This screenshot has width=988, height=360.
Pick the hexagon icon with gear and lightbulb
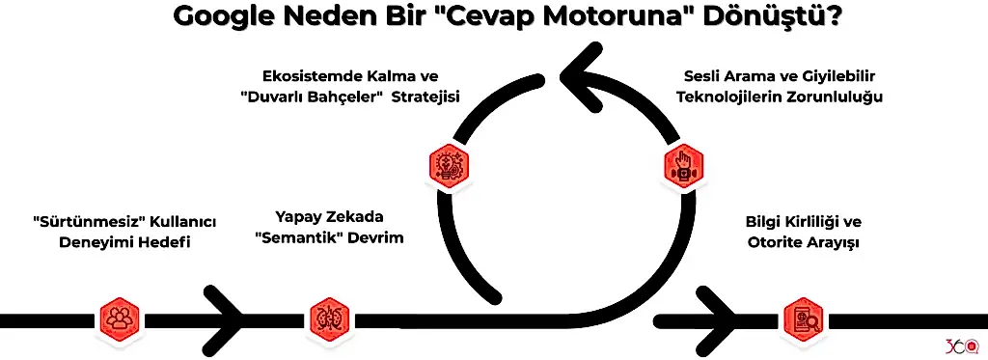click(x=448, y=163)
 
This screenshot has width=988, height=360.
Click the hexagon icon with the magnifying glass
click(x=802, y=318)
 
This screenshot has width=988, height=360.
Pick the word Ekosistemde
click(x=307, y=77)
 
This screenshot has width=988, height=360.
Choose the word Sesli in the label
click(x=702, y=76)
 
